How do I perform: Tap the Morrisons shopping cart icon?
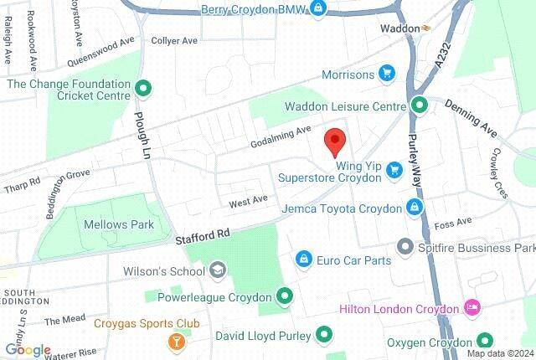point(386,74)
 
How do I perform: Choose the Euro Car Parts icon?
point(306,260)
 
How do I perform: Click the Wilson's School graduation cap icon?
point(218,270)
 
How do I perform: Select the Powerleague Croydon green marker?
point(285,296)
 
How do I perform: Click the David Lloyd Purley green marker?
point(323,336)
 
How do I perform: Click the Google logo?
point(27,350)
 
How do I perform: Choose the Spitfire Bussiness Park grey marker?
point(405,248)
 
